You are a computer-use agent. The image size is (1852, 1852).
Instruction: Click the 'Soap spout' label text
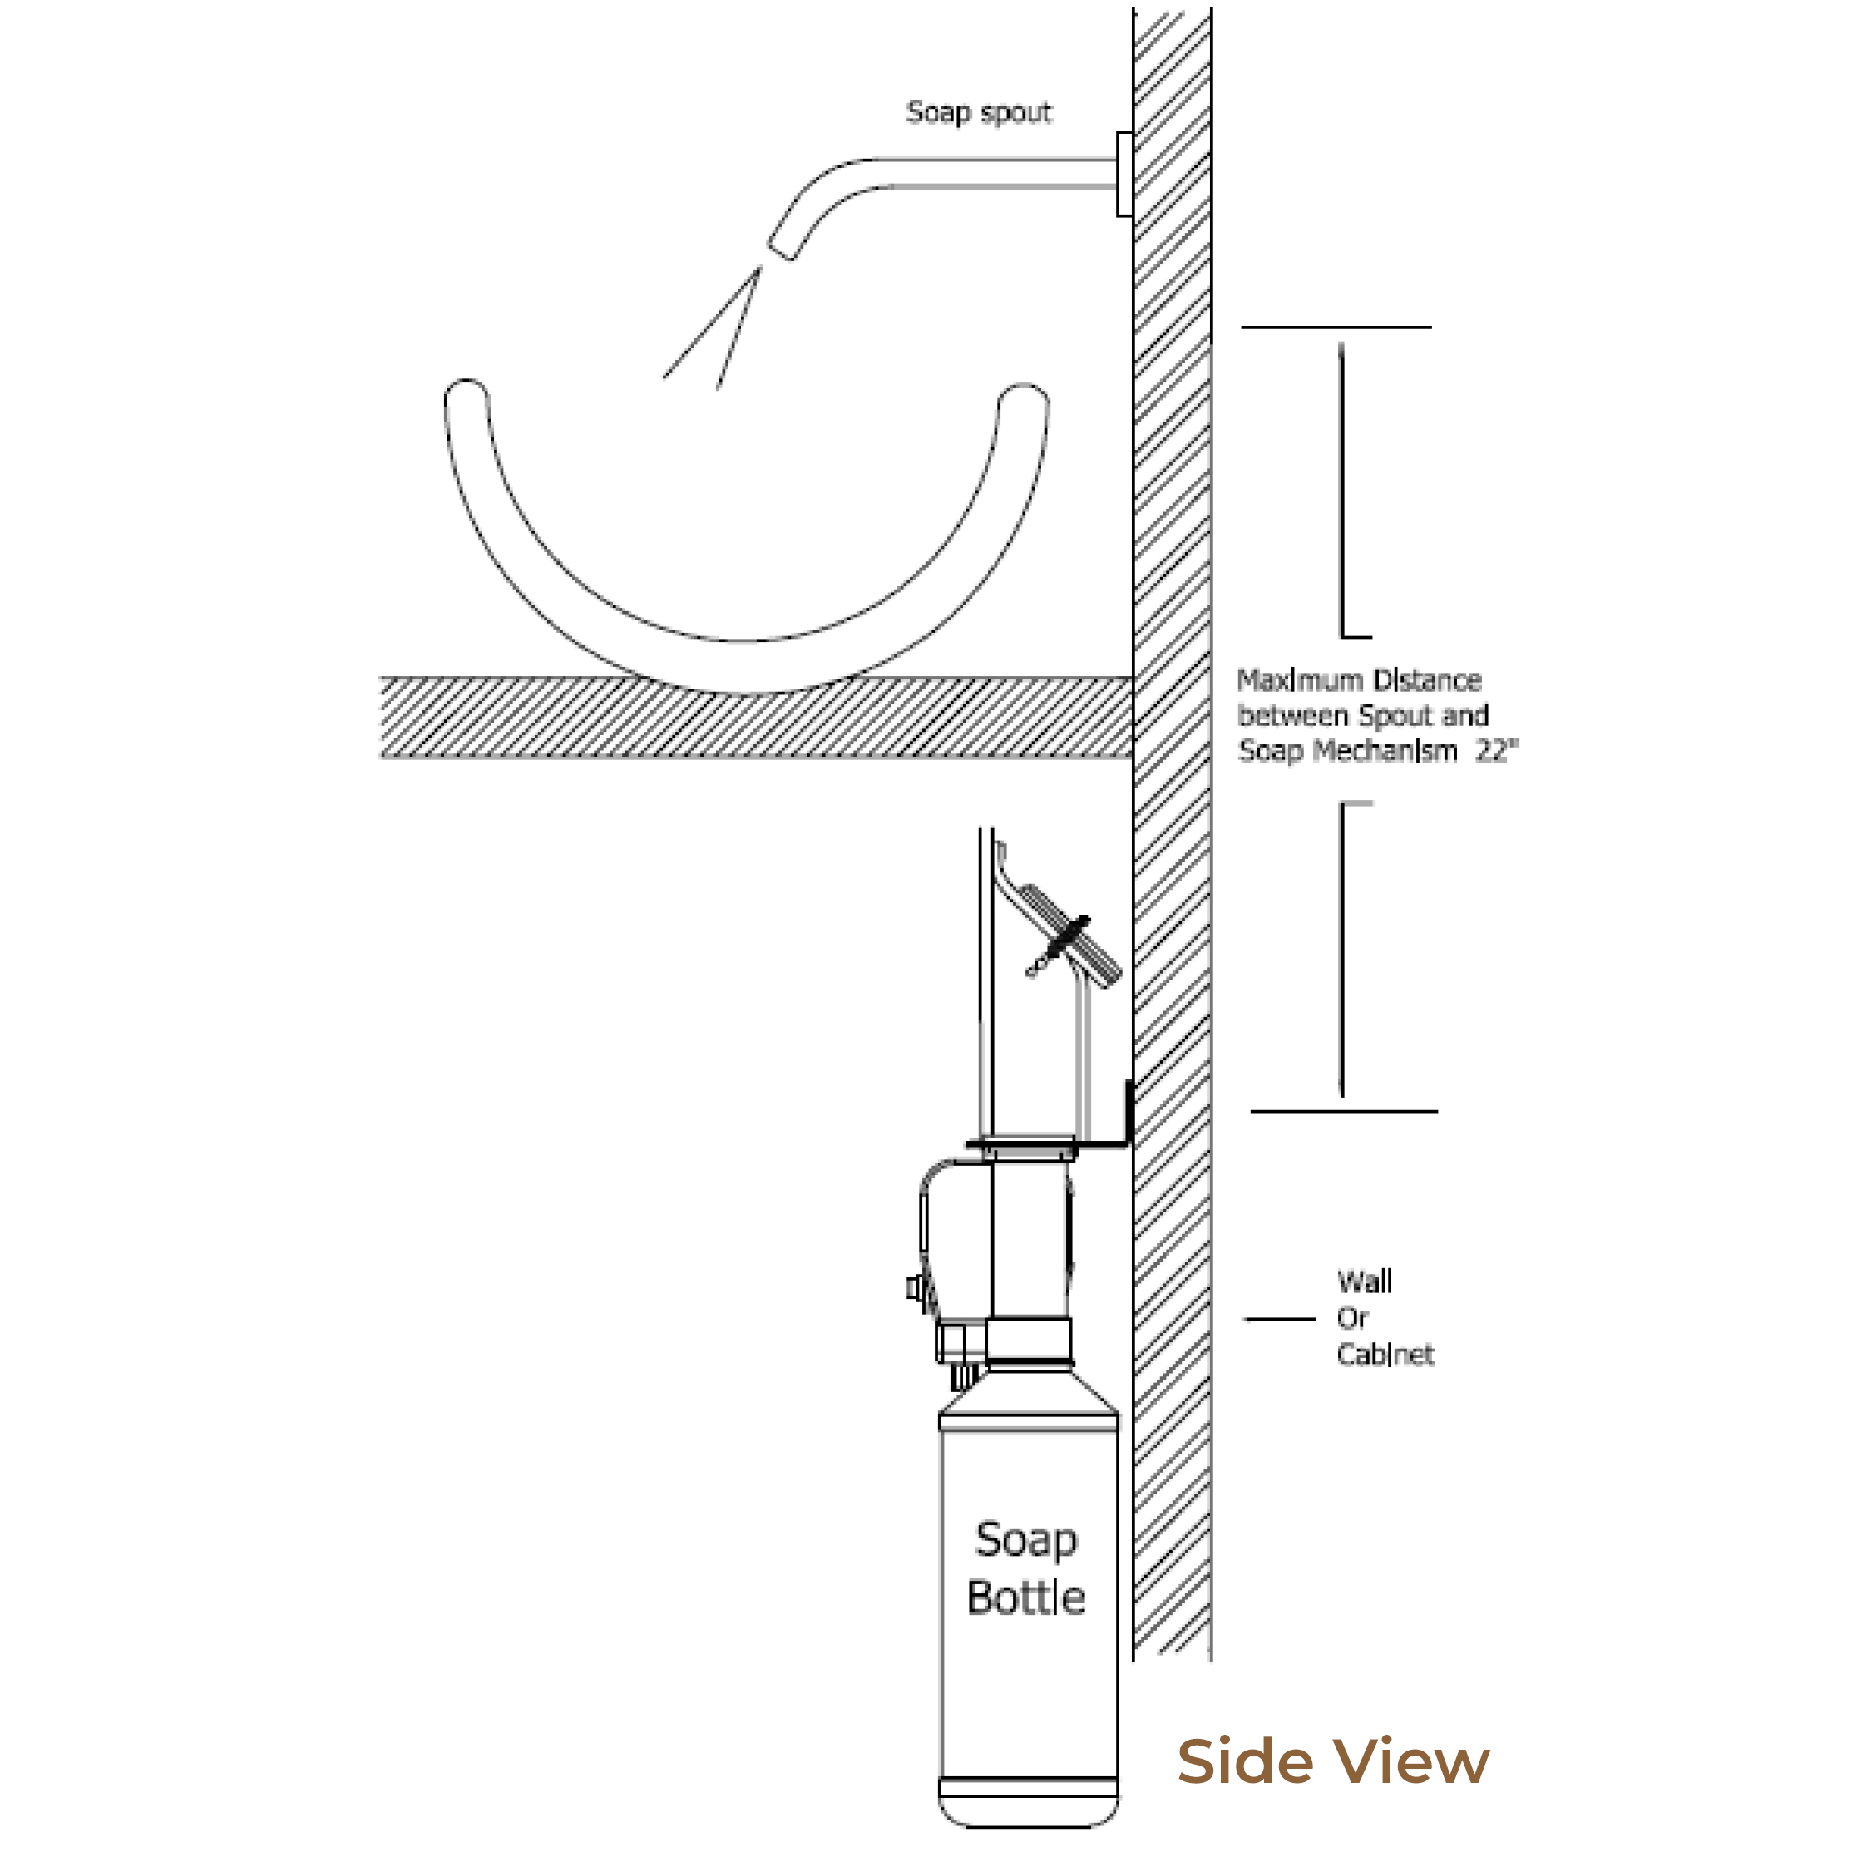tap(979, 113)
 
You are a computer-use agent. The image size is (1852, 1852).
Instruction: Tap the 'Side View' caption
tap(1332, 1762)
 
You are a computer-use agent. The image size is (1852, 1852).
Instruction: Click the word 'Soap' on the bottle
tap(1025, 1540)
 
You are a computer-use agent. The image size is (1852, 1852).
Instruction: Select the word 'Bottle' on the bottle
tap(1025, 1597)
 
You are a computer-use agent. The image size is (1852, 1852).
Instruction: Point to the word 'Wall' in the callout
tap(1364, 1282)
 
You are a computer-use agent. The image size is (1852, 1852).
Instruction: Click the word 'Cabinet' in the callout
tap(1385, 1355)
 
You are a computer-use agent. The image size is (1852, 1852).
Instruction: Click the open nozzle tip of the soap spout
tap(781, 249)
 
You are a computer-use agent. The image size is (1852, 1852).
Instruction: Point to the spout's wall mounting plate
tap(1124, 174)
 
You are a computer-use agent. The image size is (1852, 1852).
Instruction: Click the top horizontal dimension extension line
tap(1336, 327)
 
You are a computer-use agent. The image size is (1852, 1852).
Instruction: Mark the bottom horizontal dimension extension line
tap(1343, 1111)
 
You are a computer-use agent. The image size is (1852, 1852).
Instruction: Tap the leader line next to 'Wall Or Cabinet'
tap(1280, 1319)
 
